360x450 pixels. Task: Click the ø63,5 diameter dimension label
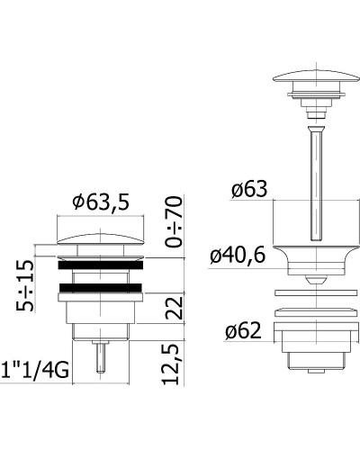pos(101,202)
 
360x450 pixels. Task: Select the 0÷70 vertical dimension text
pos(174,221)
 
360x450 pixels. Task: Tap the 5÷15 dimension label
pos(25,285)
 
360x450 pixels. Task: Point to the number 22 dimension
pos(175,308)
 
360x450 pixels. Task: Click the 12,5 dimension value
pos(171,364)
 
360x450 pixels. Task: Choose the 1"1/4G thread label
pos(35,371)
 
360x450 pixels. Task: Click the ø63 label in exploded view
pos(249,189)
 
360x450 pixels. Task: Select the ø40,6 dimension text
pos(238,256)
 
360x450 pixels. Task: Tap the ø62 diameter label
pos(243,331)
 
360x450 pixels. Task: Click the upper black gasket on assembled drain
pos(101,265)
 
